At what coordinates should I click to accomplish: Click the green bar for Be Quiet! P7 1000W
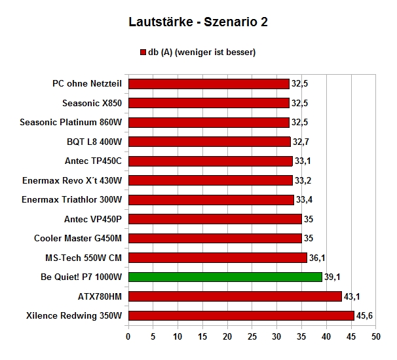[225, 277]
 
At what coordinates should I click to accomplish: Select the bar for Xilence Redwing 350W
[241, 315]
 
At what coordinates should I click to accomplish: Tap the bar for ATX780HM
[235, 296]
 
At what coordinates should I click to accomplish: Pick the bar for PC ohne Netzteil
[209, 84]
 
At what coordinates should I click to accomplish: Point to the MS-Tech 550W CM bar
[217, 258]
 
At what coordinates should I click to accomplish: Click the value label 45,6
[364, 315]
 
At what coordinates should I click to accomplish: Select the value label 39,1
[332, 277]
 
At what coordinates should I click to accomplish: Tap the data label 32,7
[301, 142]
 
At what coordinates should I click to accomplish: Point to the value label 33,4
[304, 200]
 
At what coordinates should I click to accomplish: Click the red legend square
[143, 52]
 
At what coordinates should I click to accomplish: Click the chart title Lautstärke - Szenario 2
[198, 22]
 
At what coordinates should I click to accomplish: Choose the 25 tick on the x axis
[252, 336]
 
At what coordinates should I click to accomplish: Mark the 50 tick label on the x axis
[376, 336]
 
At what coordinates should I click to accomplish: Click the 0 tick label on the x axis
[128, 336]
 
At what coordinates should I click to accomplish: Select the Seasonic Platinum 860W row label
[71, 123]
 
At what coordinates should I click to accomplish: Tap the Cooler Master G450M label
[78, 239]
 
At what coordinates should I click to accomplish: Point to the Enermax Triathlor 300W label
[72, 199]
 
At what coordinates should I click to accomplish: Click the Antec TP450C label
[94, 161]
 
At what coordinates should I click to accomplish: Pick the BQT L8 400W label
[94, 142]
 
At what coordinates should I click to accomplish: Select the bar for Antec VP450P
[216, 219]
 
